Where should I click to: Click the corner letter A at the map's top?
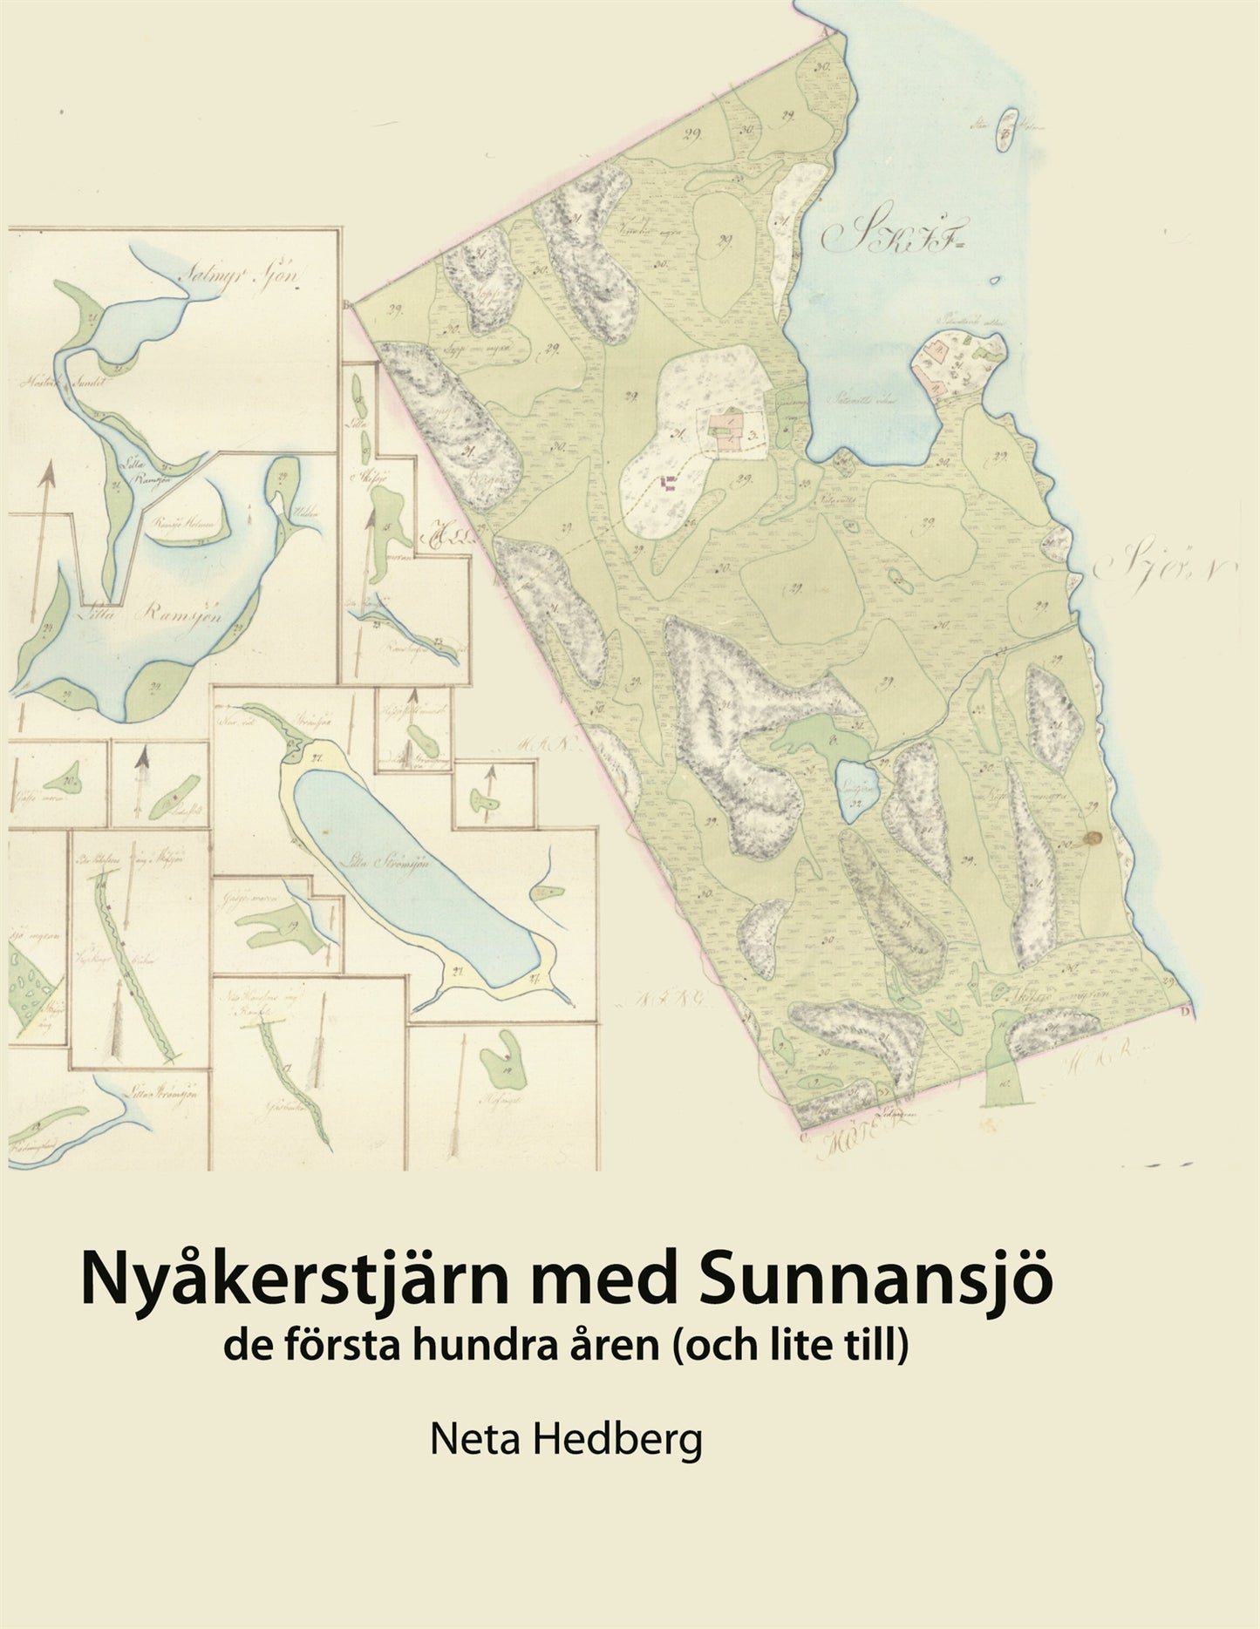pyautogui.click(x=823, y=27)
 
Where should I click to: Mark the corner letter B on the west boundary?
pyautogui.click(x=349, y=305)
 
